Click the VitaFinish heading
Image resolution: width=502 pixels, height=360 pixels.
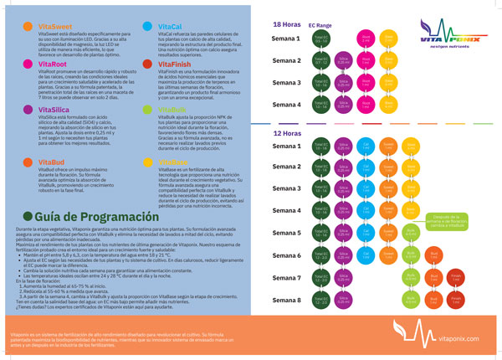click(x=175, y=63)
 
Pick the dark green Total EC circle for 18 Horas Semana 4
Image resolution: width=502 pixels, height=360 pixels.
click(x=320, y=104)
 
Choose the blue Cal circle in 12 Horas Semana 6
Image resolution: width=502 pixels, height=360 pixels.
click(x=366, y=255)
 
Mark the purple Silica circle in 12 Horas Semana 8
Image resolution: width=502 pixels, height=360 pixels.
click(x=343, y=299)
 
